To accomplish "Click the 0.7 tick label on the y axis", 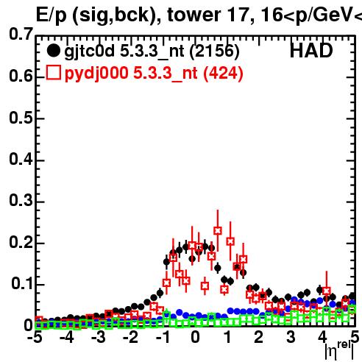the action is coord(21,34).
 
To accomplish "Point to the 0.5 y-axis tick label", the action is coord(21,118).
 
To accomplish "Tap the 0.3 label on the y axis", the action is coord(21,200).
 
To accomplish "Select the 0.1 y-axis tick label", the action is coord(21,284).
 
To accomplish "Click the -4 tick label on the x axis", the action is coord(66,338).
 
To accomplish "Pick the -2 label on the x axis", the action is coord(130,338).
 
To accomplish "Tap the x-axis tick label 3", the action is coord(291,338).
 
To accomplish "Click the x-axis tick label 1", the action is coord(228,338).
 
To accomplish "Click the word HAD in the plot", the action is coord(311,51).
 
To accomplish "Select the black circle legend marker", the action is coord(53,51).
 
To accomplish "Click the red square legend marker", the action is coord(54,72).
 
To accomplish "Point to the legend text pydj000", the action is coord(96,74).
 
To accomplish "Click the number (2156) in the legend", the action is coord(214,52).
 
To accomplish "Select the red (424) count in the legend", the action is coord(223,73).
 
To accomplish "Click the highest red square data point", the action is coord(218,230).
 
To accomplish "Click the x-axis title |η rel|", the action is coord(339,351).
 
